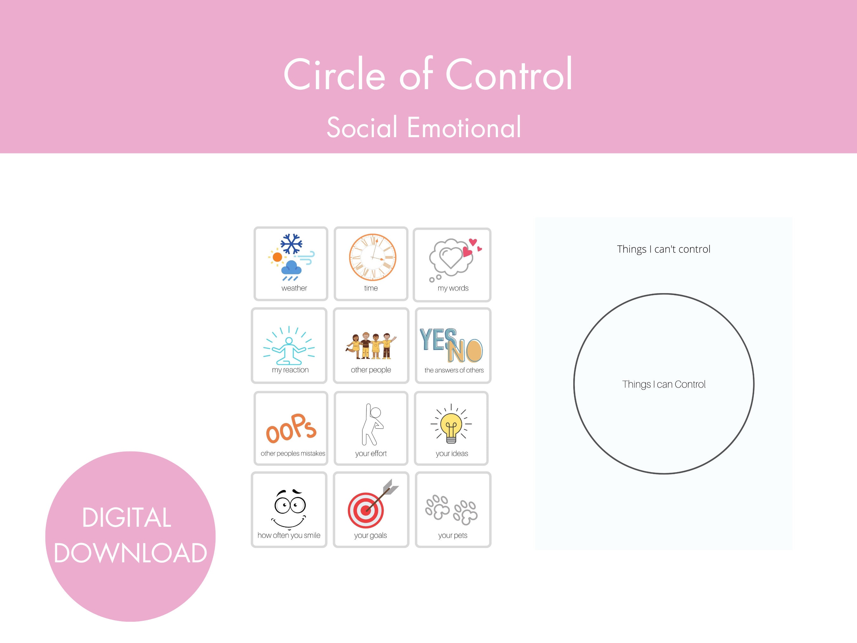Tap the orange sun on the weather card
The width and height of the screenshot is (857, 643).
(x=277, y=257)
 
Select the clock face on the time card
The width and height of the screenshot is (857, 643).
(x=372, y=257)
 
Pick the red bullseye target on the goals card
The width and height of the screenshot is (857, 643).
(x=366, y=510)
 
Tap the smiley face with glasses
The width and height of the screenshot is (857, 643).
(x=289, y=508)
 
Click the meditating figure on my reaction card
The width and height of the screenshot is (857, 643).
(x=289, y=351)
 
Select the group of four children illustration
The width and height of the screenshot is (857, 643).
(x=371, y=346)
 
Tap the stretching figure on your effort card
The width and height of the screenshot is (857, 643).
(x=372, y=425)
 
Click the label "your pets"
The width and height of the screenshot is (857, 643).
(x=453, y=535)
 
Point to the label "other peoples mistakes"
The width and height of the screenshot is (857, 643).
(x=293, y=453)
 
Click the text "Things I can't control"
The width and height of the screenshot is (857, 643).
(x=663, y=249)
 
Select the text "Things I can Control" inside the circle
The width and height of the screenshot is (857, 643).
(x=664, y=384)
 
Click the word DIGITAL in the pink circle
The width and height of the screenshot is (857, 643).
(x=127, y=518)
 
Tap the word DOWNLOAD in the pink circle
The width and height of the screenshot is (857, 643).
(x=130, y=553)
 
